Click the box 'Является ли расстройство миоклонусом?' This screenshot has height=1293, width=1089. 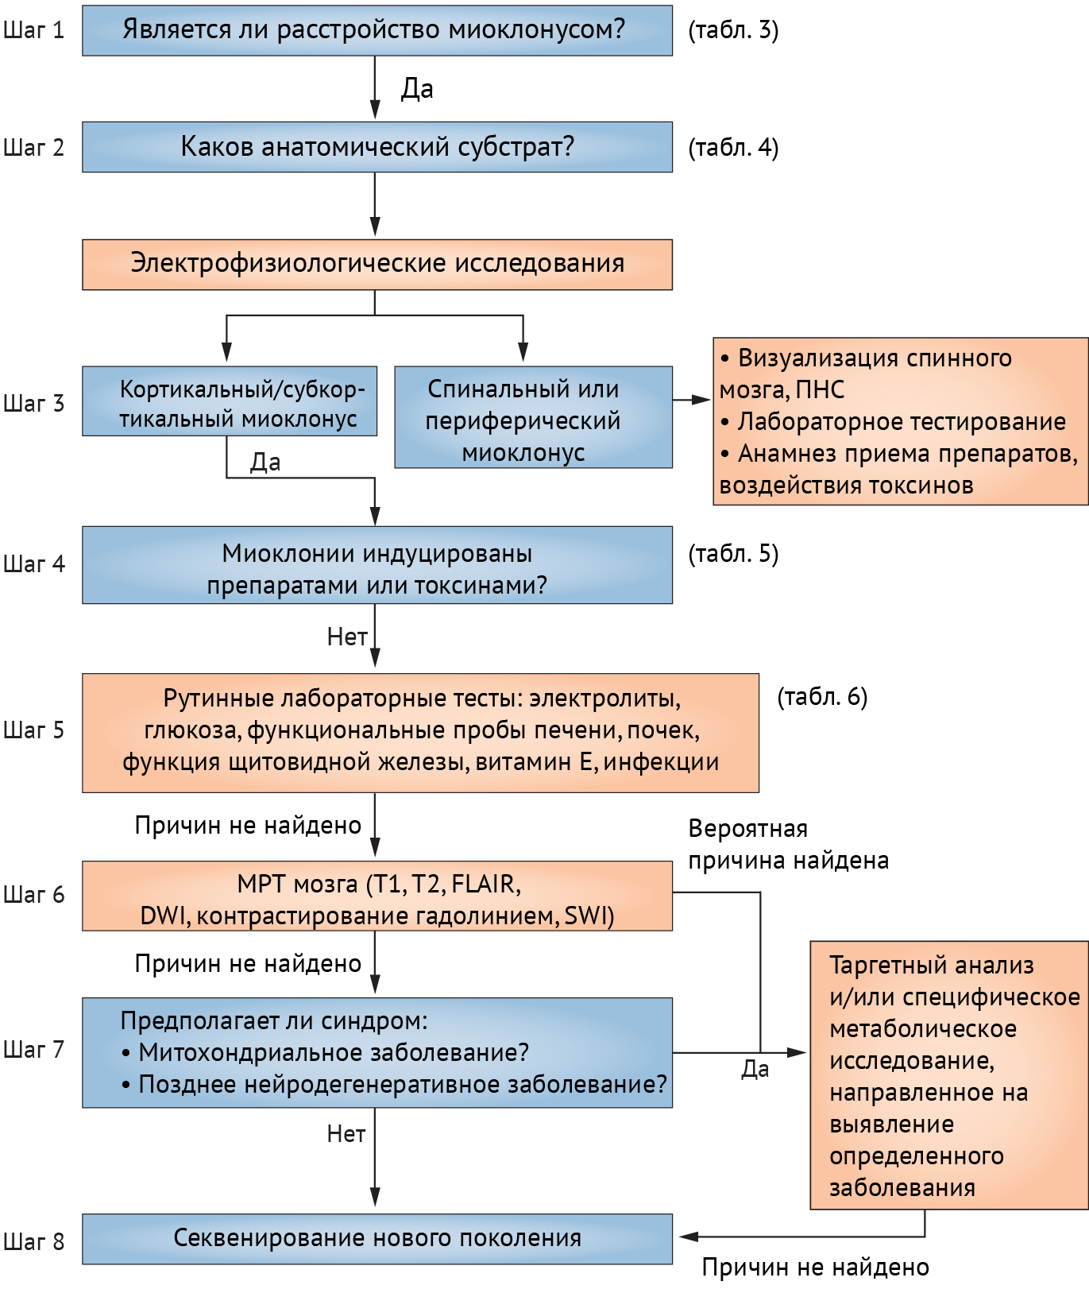pos(377,30)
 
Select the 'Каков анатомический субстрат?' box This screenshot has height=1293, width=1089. pos(377,147)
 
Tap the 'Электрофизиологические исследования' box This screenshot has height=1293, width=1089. pos(377,264)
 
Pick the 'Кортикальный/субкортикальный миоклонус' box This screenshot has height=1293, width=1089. pos(230,401)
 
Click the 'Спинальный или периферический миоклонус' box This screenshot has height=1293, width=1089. pos(533,417)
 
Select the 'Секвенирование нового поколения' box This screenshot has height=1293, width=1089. pos(377,1238)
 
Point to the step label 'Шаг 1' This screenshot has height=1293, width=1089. pos(33,31)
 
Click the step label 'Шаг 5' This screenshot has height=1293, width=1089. pos(33,730)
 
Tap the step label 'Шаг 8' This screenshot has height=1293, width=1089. pos(33,1241)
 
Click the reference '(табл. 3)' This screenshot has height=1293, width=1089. pos(733,30)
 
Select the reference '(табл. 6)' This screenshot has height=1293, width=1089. pos(822,697)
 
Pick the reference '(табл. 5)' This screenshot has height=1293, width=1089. pos(733,554)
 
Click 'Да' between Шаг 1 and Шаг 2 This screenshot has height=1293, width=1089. pos(417,88)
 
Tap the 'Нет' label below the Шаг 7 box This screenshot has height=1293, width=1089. pos(346,1134)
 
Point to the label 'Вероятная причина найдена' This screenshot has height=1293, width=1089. pos(788,845)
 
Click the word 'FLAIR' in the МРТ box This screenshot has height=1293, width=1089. pos(485,885)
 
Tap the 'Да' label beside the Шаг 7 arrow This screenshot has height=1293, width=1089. pos(755,1070)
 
